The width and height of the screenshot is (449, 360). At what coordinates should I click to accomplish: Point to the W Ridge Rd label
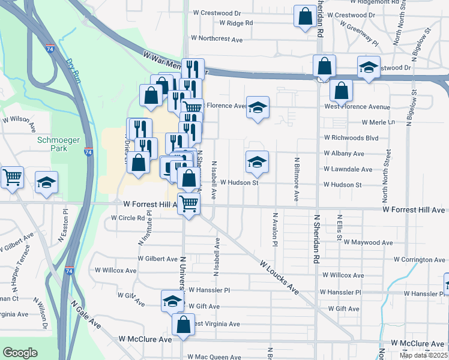(236, 23)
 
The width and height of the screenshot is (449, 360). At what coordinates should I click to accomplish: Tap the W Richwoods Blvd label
(351, 138)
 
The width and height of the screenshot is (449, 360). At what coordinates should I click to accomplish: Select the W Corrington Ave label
(420, 260)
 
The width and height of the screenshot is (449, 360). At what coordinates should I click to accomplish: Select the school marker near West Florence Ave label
(258, 107)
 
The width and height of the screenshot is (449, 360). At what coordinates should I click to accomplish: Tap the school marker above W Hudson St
(257, 162)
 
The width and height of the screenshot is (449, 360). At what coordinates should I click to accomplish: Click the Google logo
(20, 353)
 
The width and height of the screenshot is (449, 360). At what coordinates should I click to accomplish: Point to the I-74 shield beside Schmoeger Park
(89, 152)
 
